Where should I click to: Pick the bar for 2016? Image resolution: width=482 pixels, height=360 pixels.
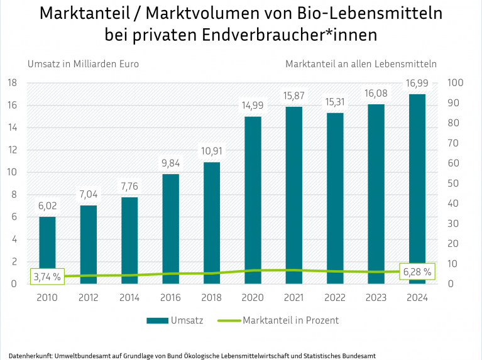click(x=170, y=229)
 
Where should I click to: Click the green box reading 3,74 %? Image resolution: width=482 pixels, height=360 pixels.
click(x=47, y=276)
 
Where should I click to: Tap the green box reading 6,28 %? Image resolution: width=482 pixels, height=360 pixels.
click(x=417, y=271)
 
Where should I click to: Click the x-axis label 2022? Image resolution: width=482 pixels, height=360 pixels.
click(x=334, y=298)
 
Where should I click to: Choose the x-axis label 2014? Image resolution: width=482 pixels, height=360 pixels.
click(x=129, y=298)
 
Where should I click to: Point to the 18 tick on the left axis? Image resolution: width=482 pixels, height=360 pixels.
click(x=11, y=83)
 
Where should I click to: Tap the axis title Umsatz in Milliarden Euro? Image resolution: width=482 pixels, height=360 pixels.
click(x=82, y=63)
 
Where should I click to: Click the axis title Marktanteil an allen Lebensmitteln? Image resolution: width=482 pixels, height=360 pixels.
click(x=361, y=63)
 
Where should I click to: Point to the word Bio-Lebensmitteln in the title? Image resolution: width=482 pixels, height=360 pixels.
click(x=374, y=13)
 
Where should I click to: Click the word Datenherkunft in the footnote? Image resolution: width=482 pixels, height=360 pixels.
click(x=29, y=355)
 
